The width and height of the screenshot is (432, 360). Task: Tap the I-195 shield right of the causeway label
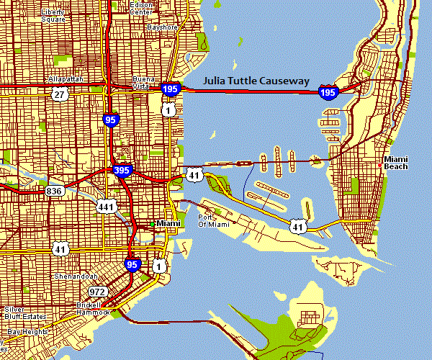coord(328,91)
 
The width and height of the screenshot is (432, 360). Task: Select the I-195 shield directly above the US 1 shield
coord(171,89)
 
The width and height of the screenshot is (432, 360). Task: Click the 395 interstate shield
coord(122,171)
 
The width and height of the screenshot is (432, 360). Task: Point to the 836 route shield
coord(55,191)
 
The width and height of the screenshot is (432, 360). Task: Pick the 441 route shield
coord(107,207)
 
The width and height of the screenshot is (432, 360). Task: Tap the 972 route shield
coord(97,292)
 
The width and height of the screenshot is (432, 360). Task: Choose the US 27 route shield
coord(59,94)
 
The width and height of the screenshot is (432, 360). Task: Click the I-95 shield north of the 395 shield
coord(110,120)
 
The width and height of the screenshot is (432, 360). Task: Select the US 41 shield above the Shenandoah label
coord(60,248)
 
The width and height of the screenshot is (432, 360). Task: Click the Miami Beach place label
coord(395,162)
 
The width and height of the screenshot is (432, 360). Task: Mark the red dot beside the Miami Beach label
coord(379,166)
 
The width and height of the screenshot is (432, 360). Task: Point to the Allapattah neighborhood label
coord(66,78)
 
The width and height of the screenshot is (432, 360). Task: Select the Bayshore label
coord(161,27)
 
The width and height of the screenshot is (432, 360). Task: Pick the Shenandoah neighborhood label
coord(75,276)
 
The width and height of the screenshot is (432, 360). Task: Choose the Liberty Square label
coord(53,15)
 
